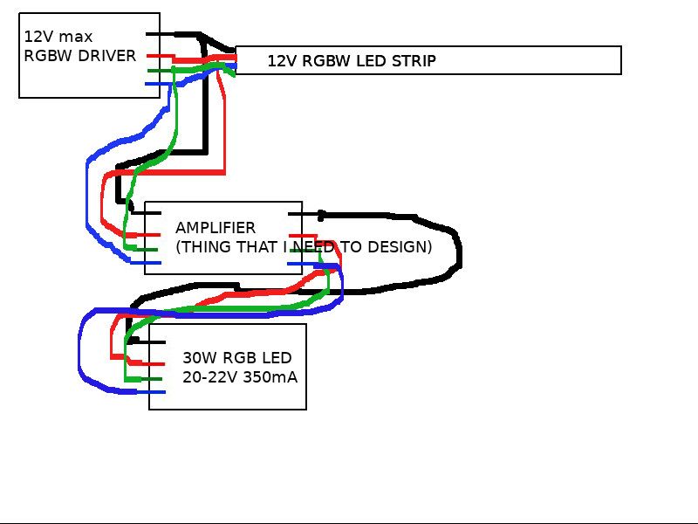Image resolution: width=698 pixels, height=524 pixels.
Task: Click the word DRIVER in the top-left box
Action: pyautogui.click(x=106, y=56)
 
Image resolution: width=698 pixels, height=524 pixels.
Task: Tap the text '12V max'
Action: pyautogui.click(x=58, y=37)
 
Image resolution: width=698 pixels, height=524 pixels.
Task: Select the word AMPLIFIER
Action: pyautogui.click(x=216, y=228)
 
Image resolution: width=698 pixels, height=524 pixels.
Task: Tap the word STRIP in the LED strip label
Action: pyautogui.click(x=414, y=61)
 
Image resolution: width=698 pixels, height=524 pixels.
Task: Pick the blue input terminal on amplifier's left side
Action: pyautogui.click(x=146, y=262)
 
